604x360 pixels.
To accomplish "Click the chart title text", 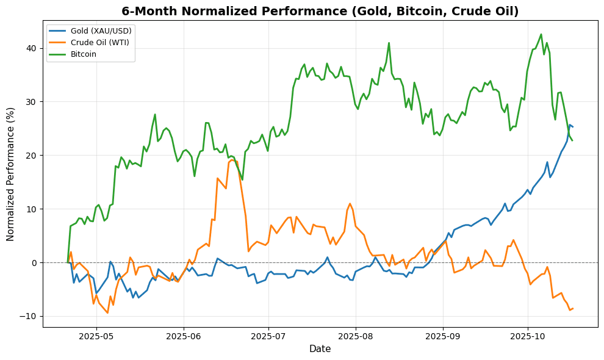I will pos(320,11).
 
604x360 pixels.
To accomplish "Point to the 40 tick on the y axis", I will pos(31,48).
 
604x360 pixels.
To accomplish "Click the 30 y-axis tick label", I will pos(31,102).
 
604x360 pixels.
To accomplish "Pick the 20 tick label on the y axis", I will pos(31,156).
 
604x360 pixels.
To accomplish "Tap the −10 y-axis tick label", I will pos(28,316).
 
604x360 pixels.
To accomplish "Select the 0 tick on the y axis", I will pos(34,262).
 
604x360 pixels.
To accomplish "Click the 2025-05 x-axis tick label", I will pos(96,336).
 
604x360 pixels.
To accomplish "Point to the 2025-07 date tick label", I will pos(268,336).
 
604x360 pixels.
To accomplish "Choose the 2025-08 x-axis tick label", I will pos(356,336).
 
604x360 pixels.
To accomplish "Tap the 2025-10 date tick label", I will pos(528,336).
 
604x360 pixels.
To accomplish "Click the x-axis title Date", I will pos(320,348).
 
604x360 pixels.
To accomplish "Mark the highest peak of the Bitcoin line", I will pos(541,34).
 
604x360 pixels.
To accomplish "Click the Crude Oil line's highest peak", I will pos(231,160).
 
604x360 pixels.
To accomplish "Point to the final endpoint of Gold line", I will pos(572,127).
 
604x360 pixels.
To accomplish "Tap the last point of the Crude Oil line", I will pos(572,308).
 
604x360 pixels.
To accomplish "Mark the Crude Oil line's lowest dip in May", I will pos(107,313).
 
